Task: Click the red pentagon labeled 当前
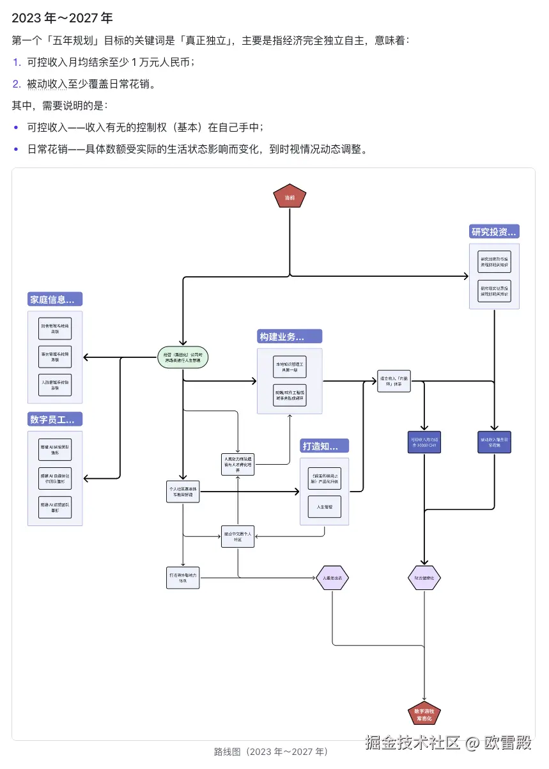pyautogui.click(x=290, y=197)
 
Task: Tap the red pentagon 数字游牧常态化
pyautogui.click(x=424, y=714)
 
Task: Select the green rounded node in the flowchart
pyautogui.click(x=183, y=357)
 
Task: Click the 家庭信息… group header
pyautogui.click(x=55, y=299)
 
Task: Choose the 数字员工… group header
pyautogui.click(x=55, y=419)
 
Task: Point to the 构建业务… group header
pyautogui.click(x=290, y=336)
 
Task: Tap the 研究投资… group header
pyautogui.click(x=494, y=231)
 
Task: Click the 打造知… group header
pyautogui.click(x=325, y=446)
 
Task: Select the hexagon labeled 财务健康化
pyautogui.click(x=424, y=578)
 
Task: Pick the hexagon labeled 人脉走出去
pyautogui.click(x=332, y=578)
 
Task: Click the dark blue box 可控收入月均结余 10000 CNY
pyautogui.click(x=424, y=442)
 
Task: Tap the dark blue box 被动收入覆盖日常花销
pyautogui.click(x=494, y=442)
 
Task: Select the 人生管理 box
pyautogui.click(x=325, y=506)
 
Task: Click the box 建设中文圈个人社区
pyautogui.click(x=238, y=536)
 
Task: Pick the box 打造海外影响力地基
pyautogui.click(x=183, y=577)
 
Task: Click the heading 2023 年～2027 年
pyautogui.click(x=62, y=18)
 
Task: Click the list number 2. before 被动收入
pyautogui.click(x=17, y=84)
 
